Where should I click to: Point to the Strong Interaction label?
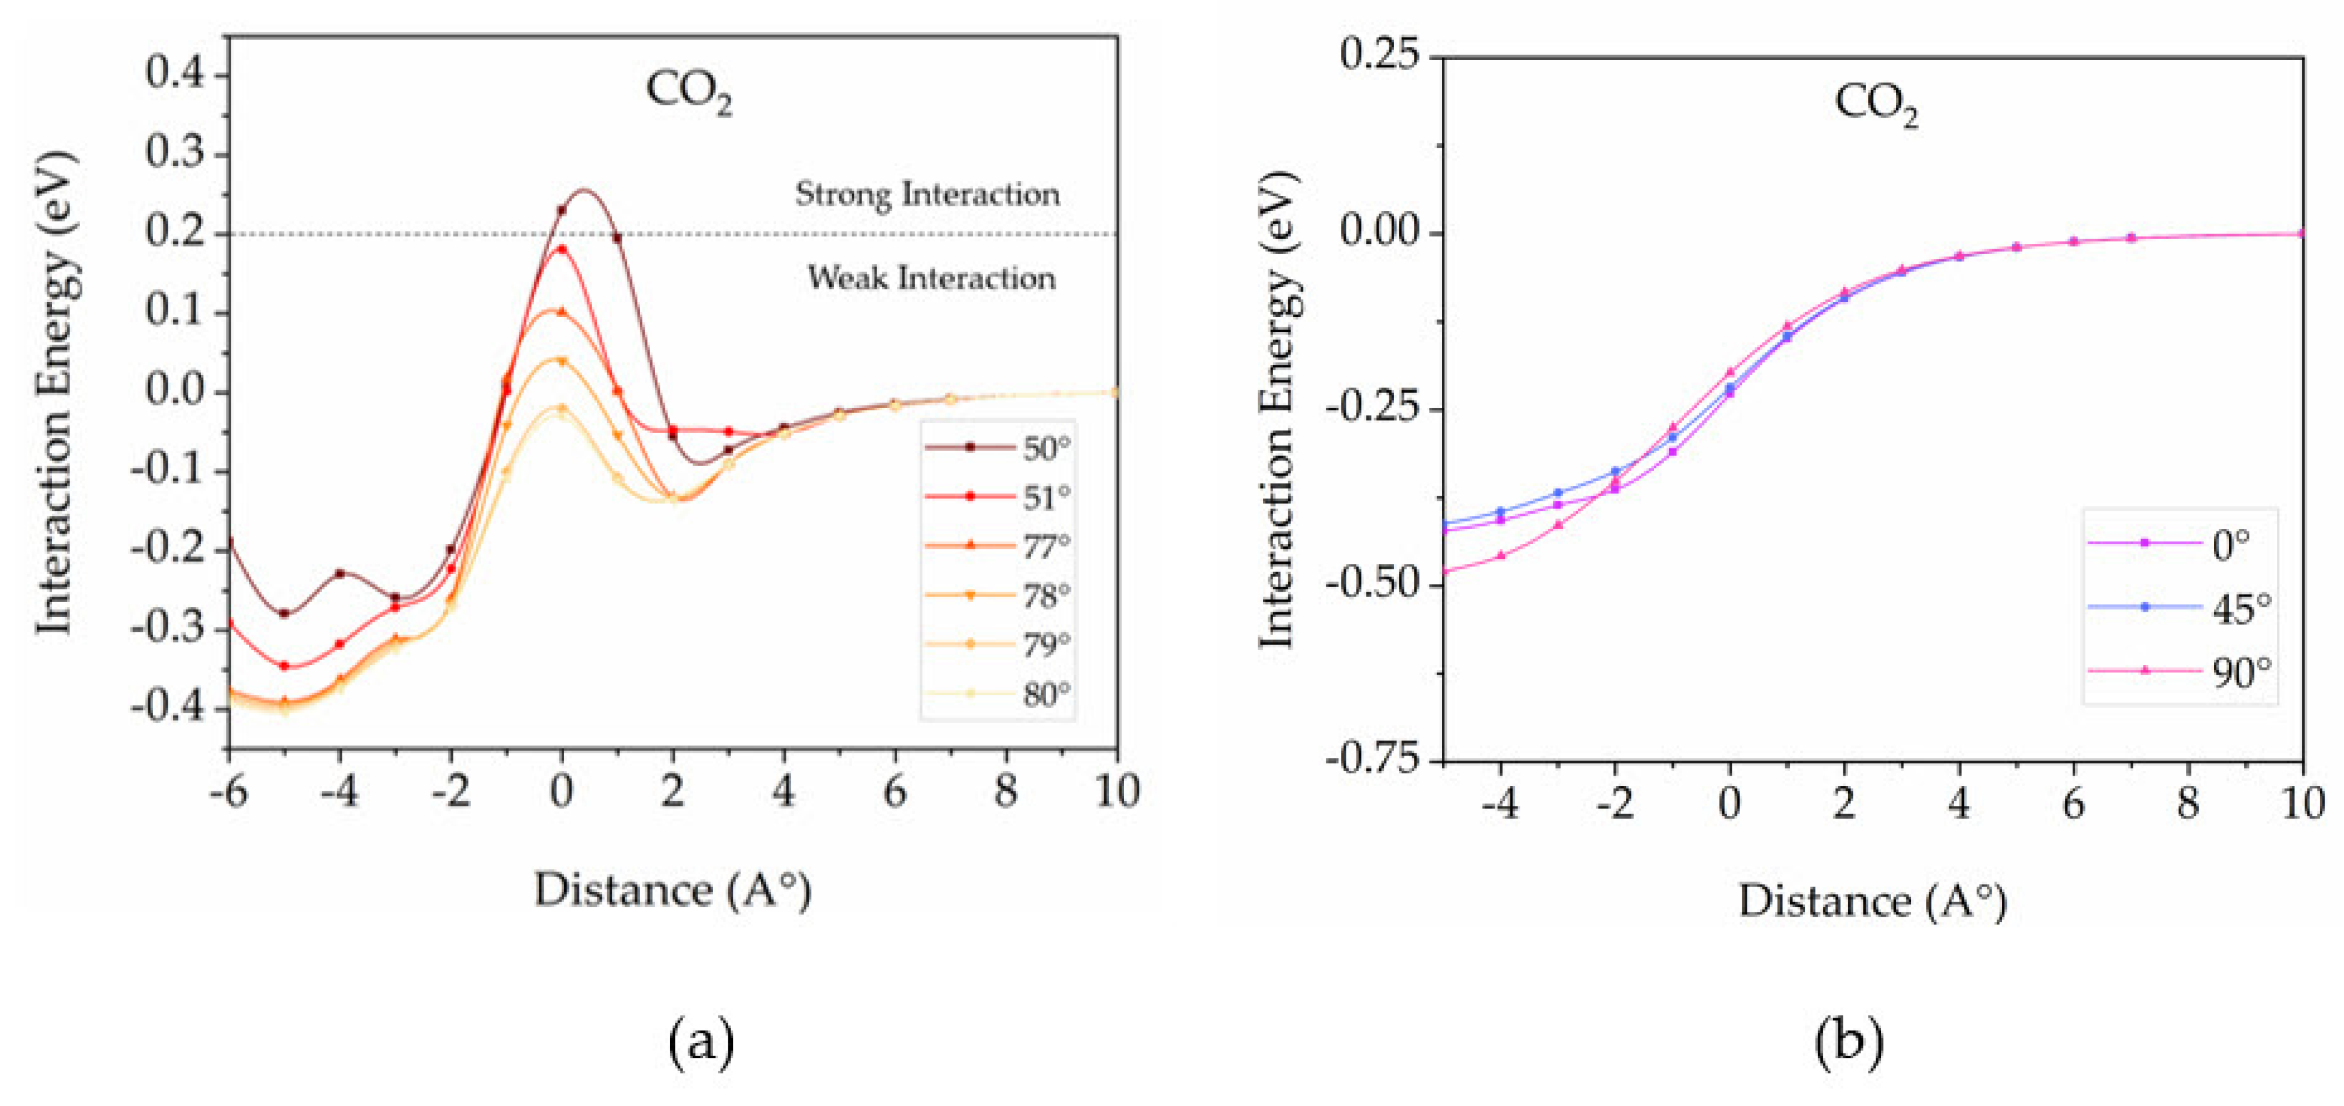coord(927,194)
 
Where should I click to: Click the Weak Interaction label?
coord(932,278)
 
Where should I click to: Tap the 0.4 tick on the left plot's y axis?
coord(175,73)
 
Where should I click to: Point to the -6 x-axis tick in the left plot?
coord(228,791)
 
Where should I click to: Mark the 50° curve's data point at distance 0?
coord(561,210)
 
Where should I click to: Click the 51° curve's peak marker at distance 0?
coord(561,249)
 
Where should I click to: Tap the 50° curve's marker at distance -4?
coord(340,573)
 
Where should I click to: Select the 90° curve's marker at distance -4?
coord(1501,555)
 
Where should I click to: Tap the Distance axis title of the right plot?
coord(1872,901)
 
